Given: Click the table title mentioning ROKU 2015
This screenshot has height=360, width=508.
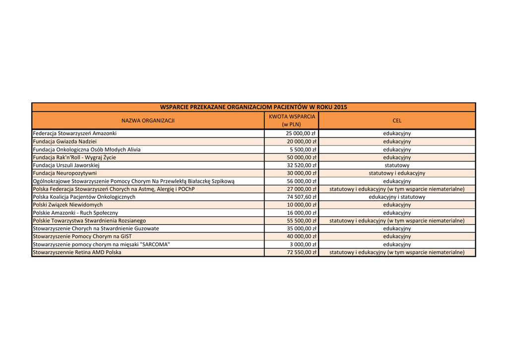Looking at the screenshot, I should tap(254, 107).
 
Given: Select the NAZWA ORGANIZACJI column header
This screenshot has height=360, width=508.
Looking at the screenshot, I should tap(148, 121).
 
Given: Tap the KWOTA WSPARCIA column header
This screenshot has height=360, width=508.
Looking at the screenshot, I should tap(292, 120).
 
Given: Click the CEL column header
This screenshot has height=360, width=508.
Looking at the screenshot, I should tap(397, 121).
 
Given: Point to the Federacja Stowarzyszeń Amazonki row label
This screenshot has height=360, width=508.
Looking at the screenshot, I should tap(75, 134).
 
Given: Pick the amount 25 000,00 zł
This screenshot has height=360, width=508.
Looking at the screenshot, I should tap(301, 134).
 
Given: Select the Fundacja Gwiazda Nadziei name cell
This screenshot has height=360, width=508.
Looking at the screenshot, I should tap(64, 142).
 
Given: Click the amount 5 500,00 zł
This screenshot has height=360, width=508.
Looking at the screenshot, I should tap(303, 149).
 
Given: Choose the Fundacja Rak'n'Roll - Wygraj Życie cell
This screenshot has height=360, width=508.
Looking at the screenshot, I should tap(74, 157).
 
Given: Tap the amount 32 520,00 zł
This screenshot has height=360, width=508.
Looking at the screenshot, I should tap(301, 165).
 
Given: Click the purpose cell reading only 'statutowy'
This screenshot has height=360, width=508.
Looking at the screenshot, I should tap(397, 165).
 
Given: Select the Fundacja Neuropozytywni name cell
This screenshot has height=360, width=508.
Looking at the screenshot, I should tap(65, 173).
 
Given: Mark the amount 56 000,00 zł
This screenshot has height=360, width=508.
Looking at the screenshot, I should tap(301, 181).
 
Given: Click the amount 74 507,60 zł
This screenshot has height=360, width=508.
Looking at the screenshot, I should tap(301, 197).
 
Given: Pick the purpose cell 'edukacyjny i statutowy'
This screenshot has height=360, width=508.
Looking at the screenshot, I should tap(397, 197).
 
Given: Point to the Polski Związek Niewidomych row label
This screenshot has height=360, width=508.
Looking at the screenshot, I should tap(68, 205).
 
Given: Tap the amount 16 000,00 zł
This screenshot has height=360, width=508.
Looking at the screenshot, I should tap(301, 213).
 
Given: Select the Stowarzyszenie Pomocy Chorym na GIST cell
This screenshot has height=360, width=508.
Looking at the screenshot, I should tap(82, 236).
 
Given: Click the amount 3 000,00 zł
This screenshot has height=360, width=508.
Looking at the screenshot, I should tap(303, 244).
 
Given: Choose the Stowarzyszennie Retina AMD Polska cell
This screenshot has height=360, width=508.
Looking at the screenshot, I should tap(77, 252).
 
